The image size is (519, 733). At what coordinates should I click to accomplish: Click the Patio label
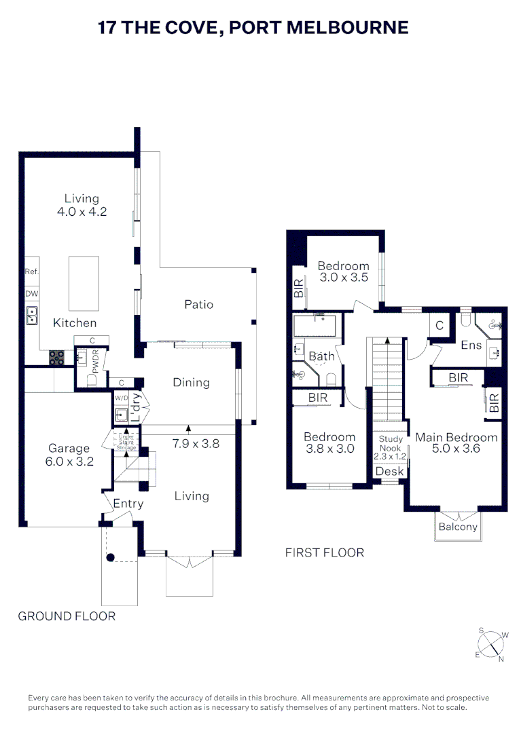pos(199,304)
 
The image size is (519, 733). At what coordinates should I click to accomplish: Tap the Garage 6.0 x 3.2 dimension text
pos(69,462)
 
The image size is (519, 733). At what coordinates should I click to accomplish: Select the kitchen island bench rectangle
pos(84,283)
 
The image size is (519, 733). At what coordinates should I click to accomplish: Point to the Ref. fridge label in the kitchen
pos(31,271)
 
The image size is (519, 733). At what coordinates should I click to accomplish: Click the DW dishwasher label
pos(32,294)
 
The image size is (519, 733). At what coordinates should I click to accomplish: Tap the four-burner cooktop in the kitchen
pos(56,358)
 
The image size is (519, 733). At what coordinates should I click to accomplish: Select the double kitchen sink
pos(32,316)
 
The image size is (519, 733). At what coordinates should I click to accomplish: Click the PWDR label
pos(96,361)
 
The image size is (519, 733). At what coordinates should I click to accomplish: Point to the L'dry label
pos(135,407)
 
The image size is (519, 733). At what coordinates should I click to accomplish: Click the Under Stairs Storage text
pos(126,443)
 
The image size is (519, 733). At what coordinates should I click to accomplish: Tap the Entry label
pos(128,504)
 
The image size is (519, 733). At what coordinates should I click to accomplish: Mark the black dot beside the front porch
pos(111,557)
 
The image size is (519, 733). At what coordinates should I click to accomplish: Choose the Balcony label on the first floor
pos(458,527)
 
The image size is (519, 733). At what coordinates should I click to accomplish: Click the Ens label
pos(471,345)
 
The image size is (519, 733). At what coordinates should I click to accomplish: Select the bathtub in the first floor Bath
pos(315,325)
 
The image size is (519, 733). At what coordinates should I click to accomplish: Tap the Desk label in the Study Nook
pos(389,471)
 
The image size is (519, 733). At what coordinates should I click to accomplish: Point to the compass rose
pos(492,644)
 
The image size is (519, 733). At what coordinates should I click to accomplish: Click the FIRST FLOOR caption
pos(325,552)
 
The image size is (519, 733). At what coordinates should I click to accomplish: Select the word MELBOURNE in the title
pos(347,28)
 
